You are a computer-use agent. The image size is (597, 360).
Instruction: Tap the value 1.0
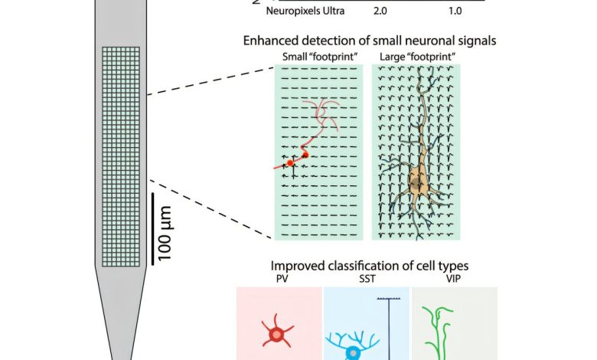(x=455, y=11)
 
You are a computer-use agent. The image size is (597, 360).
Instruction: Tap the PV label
(x=282, y=280)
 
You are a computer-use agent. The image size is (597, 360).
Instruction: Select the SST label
(x=367, y=280)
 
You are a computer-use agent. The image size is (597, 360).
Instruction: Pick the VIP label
(x=454, y=280)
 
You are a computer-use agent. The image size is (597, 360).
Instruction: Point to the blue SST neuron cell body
(x=353, y=353)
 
